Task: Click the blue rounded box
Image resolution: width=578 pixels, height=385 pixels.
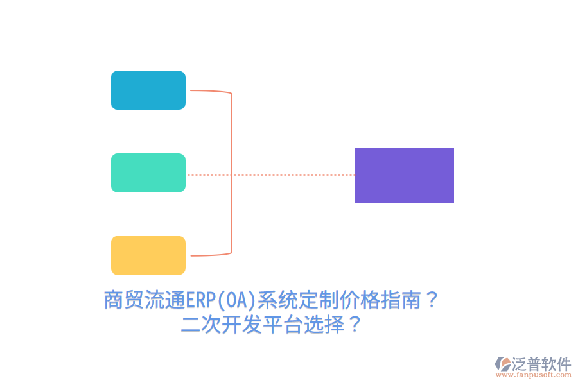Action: [x=148, y=90]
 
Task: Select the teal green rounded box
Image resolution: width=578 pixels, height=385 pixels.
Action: [x=148, y=173]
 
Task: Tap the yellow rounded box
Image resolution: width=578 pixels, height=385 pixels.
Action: [x=148, y=255]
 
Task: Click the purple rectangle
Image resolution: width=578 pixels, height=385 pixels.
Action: [x=405, y=175]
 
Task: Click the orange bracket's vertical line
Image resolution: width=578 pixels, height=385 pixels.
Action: [x=231, y=173]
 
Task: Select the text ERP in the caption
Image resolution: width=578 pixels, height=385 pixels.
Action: [x=200, y=300]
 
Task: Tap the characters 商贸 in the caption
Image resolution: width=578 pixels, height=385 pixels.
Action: [x=124, y=300]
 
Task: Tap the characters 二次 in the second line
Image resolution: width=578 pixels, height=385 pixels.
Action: [x=201, y=325]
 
